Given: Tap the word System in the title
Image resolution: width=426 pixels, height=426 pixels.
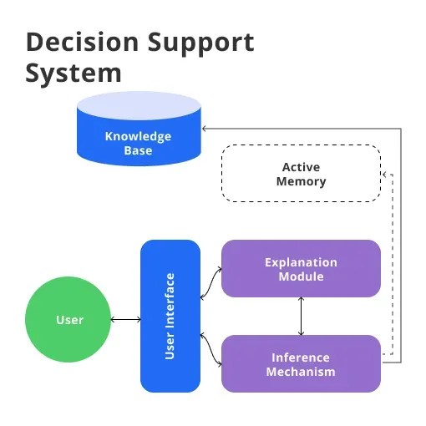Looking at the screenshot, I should pyautogui.click(x=74, y=74).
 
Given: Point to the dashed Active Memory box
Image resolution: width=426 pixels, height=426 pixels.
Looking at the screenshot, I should pyautogui.click(x=302, y=174).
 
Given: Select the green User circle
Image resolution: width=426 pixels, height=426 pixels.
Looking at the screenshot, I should pyautogui.click(x=69, y=320).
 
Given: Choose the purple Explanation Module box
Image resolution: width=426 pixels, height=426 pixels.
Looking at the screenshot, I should pyautogui.click(x=301, y=268).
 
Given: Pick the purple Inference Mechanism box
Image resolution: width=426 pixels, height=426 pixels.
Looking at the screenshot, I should pyautogui.click(x=301, y=363).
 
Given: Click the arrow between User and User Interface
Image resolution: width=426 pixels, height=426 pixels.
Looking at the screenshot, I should pyautogui.click(x=126, y=320).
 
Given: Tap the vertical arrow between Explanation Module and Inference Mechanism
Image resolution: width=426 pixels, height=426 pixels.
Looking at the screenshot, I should pyautogui.click(x=301, y=316).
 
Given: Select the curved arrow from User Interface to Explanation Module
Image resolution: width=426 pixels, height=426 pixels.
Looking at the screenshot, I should pyautogui.click(x=210, y=283).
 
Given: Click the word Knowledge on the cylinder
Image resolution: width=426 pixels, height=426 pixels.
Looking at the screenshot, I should pyautogui.click(x=138, y=136).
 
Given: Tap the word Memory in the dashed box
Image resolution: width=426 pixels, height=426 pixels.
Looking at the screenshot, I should pyautogui.click(x=302, y=181).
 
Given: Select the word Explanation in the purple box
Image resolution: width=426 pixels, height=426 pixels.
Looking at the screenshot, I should pyautogui.click(x=301, y=262).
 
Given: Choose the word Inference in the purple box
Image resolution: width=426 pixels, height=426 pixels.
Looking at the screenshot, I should pyautogui.click(x=301, y=358).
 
